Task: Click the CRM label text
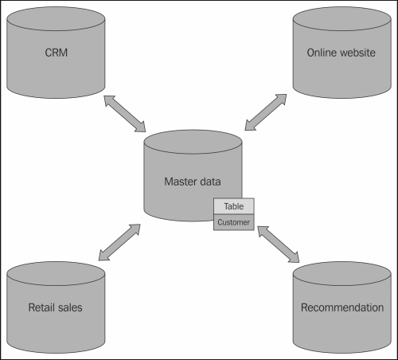click(55, 53)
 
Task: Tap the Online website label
click(341, 53)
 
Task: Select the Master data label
click(192, 182)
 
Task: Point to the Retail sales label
click(55, 307)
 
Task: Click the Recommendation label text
click(341, 307)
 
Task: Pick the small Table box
click(233, 207)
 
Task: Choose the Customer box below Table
click(233, 223)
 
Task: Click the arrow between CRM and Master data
click(125, 113)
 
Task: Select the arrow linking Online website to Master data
click(266, 112)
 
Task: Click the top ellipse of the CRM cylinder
click(55, 22)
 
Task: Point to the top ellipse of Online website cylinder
click(341, 22)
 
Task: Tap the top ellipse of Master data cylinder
click(192, 144)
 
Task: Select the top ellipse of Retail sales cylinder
click(55, 275)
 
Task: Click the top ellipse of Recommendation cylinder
click(341, 275)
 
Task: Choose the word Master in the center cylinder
click(179, 182)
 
